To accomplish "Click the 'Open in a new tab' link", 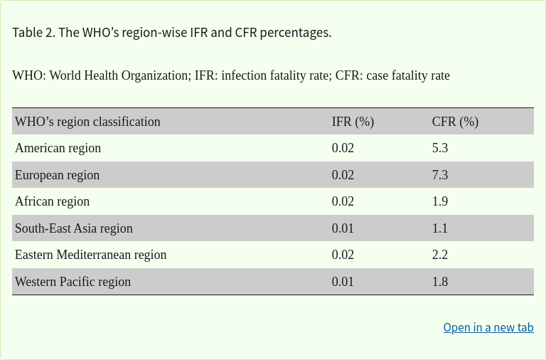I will [488, 327].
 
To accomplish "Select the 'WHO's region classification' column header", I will [87, 122].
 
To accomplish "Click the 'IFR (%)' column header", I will [353, 122].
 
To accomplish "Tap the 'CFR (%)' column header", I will [455, 122].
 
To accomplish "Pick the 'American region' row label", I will [58, 148].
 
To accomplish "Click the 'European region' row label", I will [57, 175].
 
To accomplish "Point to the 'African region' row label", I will [52, 201].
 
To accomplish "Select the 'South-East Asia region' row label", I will [73, 228].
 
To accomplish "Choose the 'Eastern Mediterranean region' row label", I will [90, 255].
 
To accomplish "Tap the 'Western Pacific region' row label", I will [73, 282].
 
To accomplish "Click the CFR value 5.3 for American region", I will [440, 148].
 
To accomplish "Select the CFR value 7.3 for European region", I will [440, 175].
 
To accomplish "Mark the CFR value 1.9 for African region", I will [440, 201].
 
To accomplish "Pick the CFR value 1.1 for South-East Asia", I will [440, 228].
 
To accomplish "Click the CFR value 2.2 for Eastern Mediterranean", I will [440, 255].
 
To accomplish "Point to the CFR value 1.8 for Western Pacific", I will [440, 282].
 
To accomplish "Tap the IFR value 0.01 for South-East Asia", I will [343, 228].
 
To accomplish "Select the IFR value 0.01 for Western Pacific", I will [343, 282].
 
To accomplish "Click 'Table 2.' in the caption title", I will [33, 33].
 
